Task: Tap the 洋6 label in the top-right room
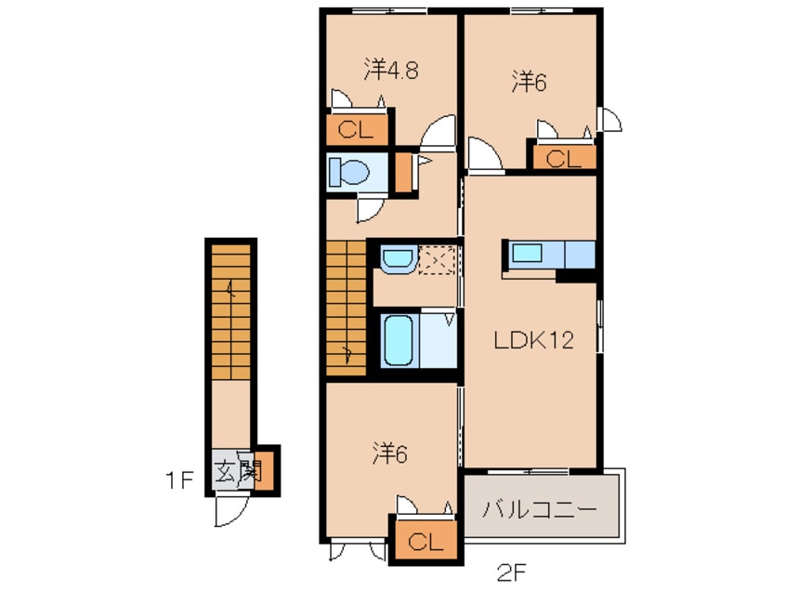528,82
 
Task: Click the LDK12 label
531,341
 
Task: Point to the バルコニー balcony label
540,509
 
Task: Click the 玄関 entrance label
235,471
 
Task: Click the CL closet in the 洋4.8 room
355,130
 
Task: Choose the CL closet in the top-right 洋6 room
563,158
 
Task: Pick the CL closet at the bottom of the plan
423,541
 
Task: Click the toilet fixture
350,172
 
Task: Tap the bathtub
400,342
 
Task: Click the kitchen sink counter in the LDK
549,254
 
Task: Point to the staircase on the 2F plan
346,308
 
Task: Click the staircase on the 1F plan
229,311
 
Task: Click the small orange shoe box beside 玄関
267,471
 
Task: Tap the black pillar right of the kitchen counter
575,274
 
